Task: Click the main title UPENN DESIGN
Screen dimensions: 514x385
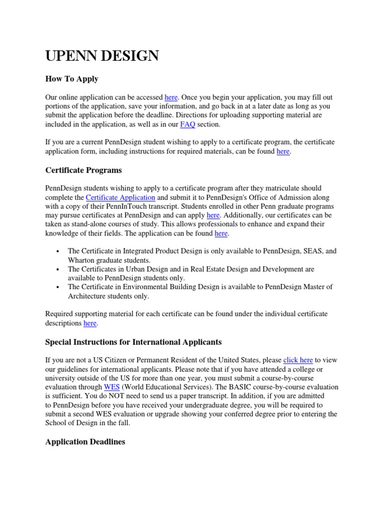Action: (102, 56)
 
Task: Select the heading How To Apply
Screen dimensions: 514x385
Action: (72, 79)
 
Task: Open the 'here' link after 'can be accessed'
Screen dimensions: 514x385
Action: (171, 97)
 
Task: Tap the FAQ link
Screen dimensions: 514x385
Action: (188, 124)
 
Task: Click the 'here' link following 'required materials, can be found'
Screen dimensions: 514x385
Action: (283, 151)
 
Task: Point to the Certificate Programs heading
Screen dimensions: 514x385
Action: (83, 170)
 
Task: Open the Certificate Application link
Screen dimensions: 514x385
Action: (120, 197)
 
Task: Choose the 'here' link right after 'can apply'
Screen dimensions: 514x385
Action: (213, 215)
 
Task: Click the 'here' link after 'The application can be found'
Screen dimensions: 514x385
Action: (221, 233)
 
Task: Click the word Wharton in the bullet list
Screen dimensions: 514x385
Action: (82, 260)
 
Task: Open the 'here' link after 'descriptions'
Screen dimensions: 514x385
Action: (90, 323)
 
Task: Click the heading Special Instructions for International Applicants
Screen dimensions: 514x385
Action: (133, 342)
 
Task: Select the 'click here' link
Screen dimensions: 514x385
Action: (298, 360)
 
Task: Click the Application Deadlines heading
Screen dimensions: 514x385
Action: (85, 442)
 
